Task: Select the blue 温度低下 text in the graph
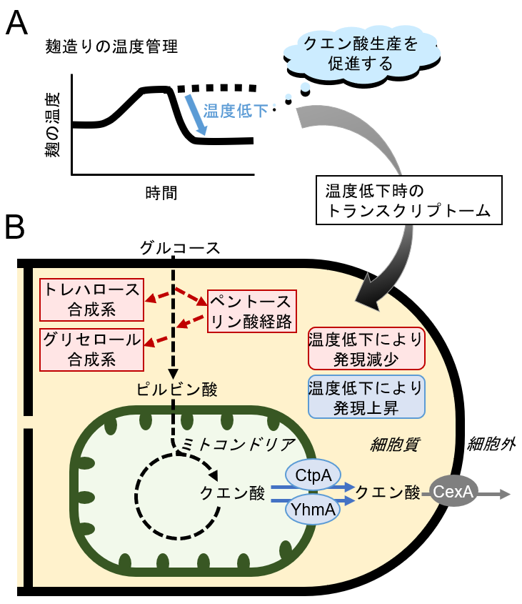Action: pyautogui.click(x=236, y=111)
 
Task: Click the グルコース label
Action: pyautogui.click(x=175, y=249)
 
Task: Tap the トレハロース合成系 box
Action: pyautogui.click(x=92, y=299)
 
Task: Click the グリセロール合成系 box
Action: pyautogui.click(x=92, y=350)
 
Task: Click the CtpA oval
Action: pyautogui.click(x=313, y=473)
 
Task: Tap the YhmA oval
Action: pyautogui.click(x=313, y=509)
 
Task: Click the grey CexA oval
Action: pyautogui.click(x=453, y=492)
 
